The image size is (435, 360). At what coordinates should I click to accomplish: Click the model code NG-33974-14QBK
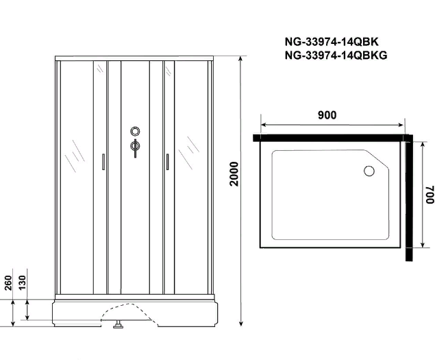[x=332, y=42]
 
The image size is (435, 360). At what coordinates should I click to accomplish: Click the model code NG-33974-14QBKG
[x=336, y=56]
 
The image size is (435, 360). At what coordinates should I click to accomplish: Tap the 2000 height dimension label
[x=234, y=174]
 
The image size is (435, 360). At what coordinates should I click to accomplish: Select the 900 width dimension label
[x=327, y=115]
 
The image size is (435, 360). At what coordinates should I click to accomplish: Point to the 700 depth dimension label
[x=430, y=195]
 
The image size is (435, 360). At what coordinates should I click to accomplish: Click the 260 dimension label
[x=8, y=283]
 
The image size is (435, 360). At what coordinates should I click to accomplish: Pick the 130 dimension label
[x=22, y=283]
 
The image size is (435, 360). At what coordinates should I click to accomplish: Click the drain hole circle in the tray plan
[x=369, y=171]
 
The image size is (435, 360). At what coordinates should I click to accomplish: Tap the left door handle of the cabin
[x=103, y=162]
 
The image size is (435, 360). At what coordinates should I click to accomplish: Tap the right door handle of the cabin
[x=167, y=162]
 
